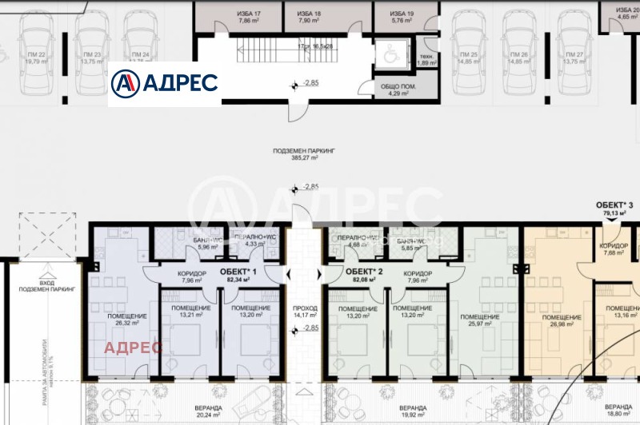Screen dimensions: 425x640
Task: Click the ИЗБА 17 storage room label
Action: (x=249, y=18)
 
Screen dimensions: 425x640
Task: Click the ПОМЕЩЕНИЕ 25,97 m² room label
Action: (x=482, y=320)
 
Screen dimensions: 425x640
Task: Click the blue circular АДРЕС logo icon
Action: (x=124, y=83)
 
